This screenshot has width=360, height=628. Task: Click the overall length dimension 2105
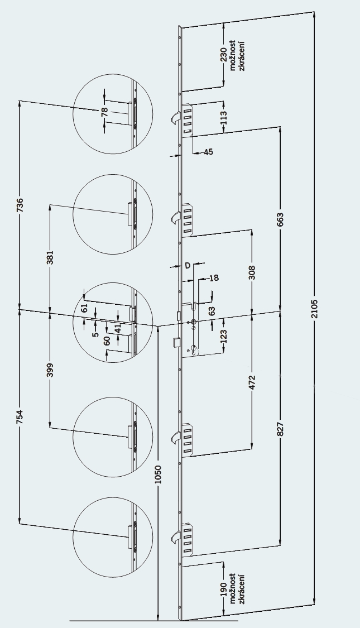pyautogui.click(x=314, y=309)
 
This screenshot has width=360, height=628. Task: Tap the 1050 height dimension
pyautogui.click(x=158, y=474)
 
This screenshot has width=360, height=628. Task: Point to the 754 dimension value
pyautogui.click(x=20, y=416)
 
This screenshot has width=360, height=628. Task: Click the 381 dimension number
pyautogui.click(x=50, y=257)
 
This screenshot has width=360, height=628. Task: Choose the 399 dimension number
pyautogui.click(x=50, y=371)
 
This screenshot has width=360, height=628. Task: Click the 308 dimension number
pyautogui.click(x=252, y=271)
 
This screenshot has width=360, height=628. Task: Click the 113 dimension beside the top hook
pyautogui.click(x=224, y=117)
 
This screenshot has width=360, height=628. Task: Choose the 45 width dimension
pyautogui.click(x=208, y=152)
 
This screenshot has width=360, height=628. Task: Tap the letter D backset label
pyautogui.click(x=188, y=265)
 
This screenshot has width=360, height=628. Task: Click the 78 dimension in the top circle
pyautogui.click(x=104, y=111)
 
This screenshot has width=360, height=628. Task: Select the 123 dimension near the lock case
pyautogui.click(x=224, y=335)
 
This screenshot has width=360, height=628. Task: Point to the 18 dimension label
pyautogui.click(x=214, y=277)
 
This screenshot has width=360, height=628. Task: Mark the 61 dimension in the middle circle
pyautogui.click(x=84, y=308)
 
